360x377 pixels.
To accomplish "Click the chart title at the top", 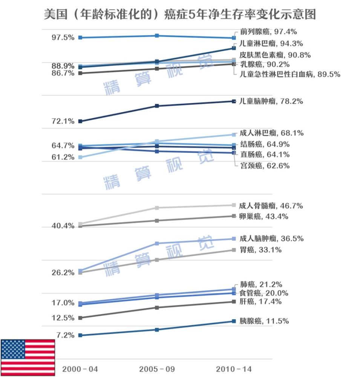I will click(180, 14).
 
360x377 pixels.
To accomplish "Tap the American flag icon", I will click(28, 355).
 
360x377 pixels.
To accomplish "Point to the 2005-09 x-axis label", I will click(157, 369).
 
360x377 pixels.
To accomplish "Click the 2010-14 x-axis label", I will click(234, 369).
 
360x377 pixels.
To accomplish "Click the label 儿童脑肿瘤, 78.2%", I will click(271, 101).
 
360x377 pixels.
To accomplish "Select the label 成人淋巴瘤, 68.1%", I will click(271, 133).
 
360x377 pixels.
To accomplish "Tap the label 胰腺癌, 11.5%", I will click(264, 321).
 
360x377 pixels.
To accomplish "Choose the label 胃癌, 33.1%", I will click(260, 250).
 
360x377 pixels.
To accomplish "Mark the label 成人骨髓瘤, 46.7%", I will click(271, 206).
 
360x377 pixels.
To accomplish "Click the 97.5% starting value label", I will click(63, 38).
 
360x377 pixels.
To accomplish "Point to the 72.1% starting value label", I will click(63, 121).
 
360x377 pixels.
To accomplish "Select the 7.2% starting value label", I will click(65, 335).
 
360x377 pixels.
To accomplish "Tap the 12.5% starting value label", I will click(63, 318).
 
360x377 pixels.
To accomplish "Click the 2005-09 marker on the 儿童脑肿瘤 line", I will click(157, 106).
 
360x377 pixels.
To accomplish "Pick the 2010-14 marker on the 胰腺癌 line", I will click(234, 321).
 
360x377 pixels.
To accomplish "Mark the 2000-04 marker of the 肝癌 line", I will click(80, 318).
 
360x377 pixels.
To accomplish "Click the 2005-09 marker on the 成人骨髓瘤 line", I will click(157, 208).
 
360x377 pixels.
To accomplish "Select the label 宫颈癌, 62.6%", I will click(265, 166).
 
